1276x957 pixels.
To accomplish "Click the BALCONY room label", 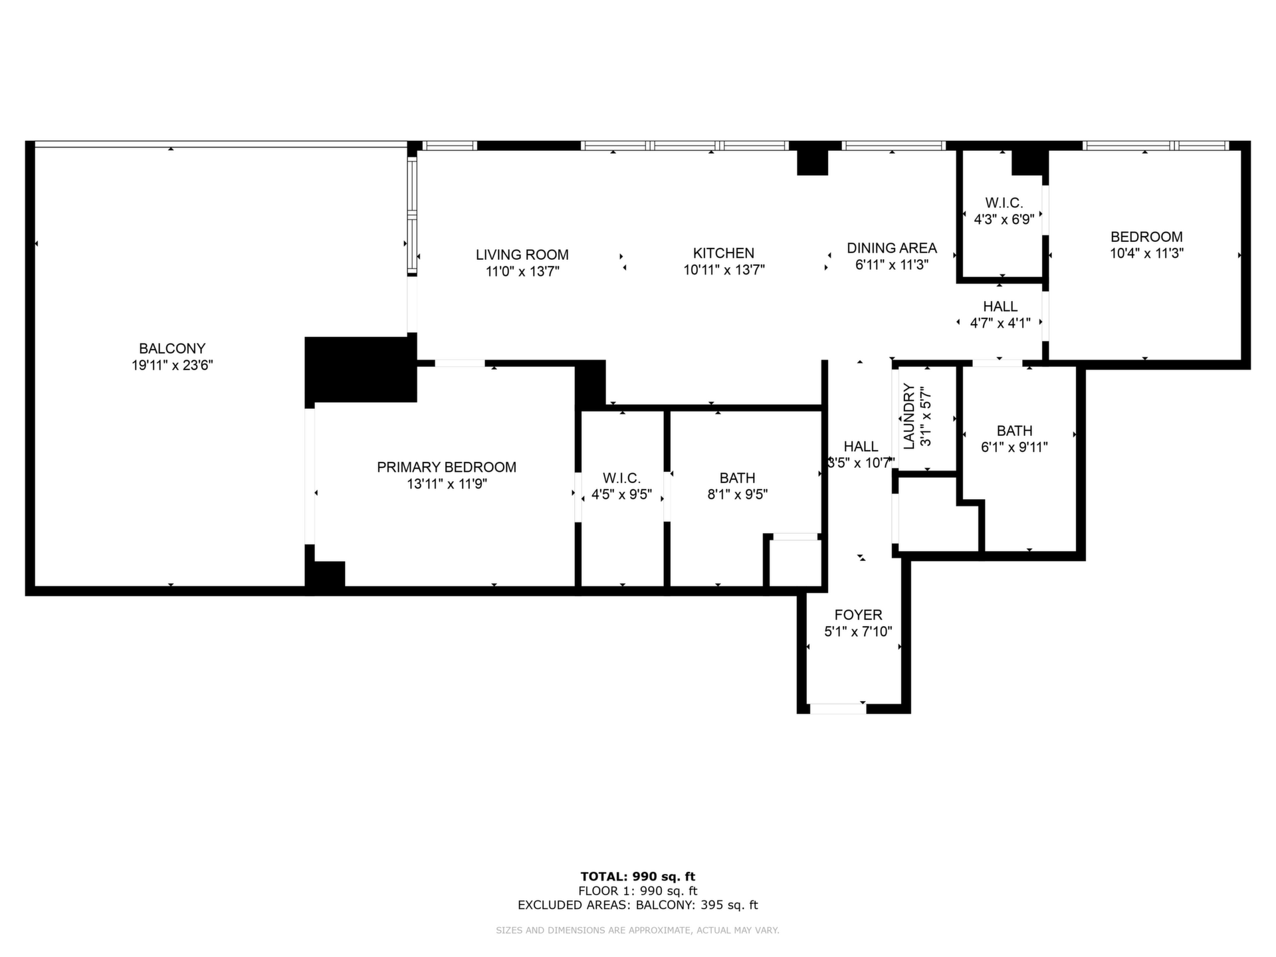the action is click(172, 348).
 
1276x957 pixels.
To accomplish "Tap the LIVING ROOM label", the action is click(522, 255).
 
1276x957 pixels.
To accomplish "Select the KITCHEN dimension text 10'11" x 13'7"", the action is click(724, 270).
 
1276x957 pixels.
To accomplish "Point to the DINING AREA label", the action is click(892, 248).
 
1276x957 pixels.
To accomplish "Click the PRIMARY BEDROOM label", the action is click(447, 467).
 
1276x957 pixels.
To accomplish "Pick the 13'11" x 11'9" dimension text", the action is click(447, 484).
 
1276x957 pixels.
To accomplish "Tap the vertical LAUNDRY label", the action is click(909, 417).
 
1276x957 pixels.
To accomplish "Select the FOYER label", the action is click(859, 615).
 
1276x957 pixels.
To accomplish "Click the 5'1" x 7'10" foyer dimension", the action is click(859, 631).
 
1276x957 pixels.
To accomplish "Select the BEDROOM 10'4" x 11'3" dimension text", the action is click(1147, 253).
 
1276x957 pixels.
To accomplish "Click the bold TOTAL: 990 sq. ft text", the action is click(638, 877).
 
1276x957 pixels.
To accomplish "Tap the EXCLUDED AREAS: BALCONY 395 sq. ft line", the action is click(638, 905).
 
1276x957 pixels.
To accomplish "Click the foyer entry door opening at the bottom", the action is click(838, 708).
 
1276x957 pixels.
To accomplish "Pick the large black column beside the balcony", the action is click(361, 370).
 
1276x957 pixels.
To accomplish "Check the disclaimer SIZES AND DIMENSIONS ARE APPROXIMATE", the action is click(638, 930).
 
